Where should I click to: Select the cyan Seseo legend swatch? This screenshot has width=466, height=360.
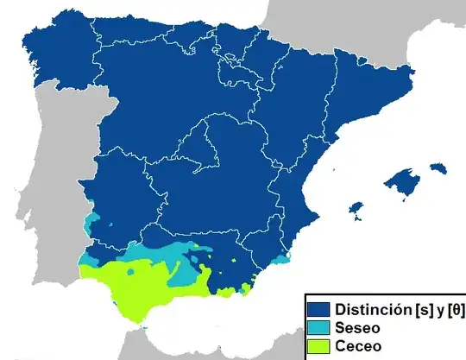[319, 328]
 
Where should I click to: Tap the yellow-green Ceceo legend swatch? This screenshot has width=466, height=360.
[319, 346]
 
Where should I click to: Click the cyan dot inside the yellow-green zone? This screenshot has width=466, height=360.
[130, 272]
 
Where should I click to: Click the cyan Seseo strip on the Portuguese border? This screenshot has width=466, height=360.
[90, 226]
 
